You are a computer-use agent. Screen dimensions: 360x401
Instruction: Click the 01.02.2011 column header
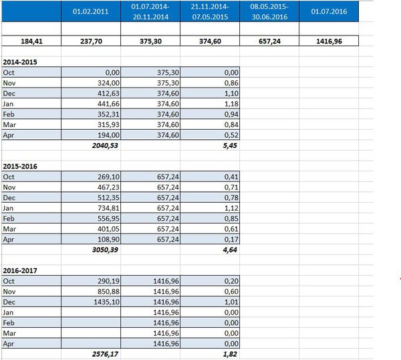click(90, 11)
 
